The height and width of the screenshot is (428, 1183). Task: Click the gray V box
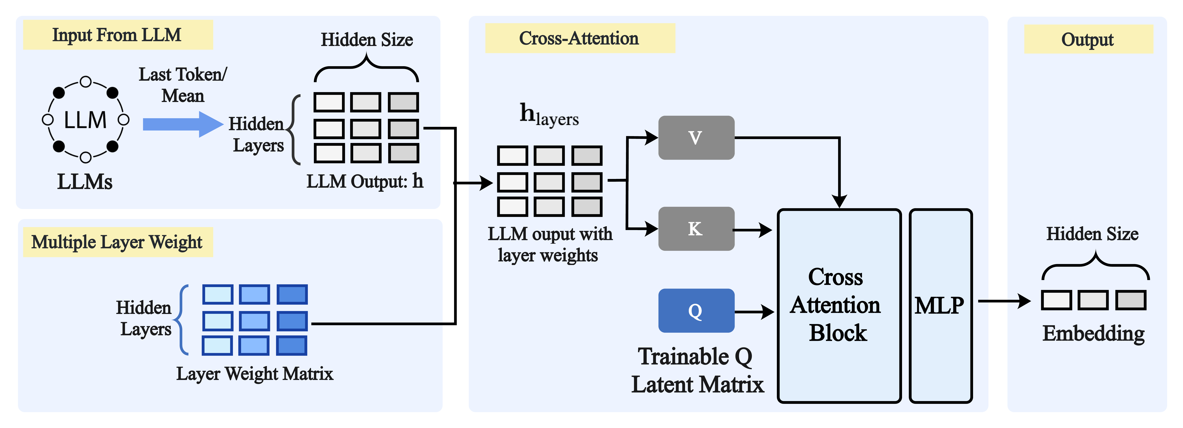(x=696, y=138)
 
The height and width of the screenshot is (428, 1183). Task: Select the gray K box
(x=696, y=229)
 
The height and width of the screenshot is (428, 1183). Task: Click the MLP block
(x=941, y=306)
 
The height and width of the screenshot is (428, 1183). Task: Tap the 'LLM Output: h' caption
(x=365, y=181)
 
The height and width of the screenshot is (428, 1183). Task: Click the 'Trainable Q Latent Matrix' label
(x=697, y=370)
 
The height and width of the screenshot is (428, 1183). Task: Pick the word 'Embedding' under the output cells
(x=1093, y=334)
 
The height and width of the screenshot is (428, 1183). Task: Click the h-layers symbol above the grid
(x=549, y=115)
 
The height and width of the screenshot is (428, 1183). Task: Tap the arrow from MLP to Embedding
(x=1005, y=301)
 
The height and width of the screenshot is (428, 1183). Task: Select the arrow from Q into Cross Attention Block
(x=755, y=312)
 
